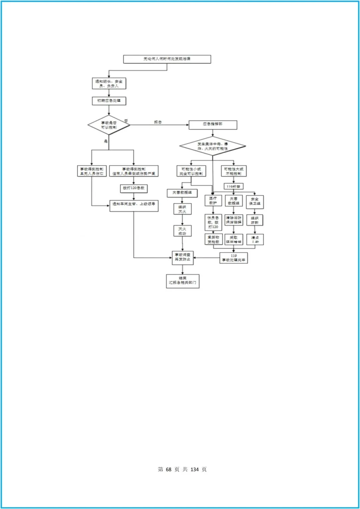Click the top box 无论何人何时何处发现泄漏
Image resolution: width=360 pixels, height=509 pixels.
click(x=167, y=59)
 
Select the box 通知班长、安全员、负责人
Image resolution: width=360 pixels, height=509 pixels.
click(x=109, y=84)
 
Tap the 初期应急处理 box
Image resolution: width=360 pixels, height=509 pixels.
click(x=109, y=101)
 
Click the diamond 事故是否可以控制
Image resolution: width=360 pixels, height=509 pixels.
click(x=109, y=125)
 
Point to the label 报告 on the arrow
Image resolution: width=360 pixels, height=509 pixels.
click(x=158, y=122)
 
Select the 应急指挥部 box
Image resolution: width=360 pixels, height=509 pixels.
click(x=213, y=125)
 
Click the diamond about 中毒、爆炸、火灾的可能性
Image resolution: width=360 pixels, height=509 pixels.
click(x=213, y=146)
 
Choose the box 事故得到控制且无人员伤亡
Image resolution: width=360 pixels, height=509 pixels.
click(x=92, y=171)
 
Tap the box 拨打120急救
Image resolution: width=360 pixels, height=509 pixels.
click(x=134, y=188)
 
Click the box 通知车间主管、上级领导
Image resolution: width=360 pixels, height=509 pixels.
click(x=134, y=206)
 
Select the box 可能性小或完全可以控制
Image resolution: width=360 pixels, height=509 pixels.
click(x=191, y=171)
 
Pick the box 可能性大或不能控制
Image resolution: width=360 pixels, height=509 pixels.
click(x=234, y=171)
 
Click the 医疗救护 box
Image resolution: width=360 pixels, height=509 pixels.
click(x=213, y=201)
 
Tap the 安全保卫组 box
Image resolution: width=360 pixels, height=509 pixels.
click(x=255, y=202)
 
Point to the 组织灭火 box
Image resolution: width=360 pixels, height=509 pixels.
click(x=182, y=209)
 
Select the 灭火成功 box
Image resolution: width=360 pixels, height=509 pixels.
click(x=182, y=231)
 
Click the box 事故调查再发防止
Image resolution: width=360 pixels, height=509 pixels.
click(x=183, y=258)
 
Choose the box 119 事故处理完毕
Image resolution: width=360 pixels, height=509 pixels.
click(x=234, y=258)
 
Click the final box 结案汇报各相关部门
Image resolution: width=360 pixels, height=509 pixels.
click(x=183, y=281)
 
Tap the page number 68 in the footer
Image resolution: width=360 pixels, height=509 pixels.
click(x=168, y=469)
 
